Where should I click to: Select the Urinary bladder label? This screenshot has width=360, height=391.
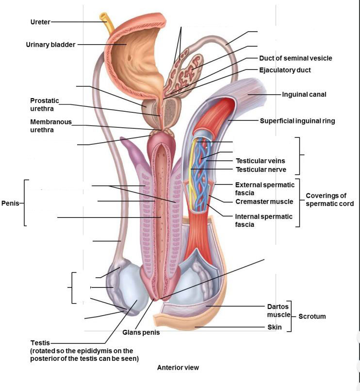click(50, 45)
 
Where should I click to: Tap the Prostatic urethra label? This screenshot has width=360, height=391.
click(45, 104)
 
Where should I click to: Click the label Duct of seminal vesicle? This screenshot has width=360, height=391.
click(295, 58)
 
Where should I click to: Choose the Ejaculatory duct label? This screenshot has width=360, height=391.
click(285, 70)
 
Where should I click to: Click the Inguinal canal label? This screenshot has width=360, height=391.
click(304, 94)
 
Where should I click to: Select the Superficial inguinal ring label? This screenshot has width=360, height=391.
click(297, 121)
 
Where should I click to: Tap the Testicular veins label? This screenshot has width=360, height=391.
click(260, 161)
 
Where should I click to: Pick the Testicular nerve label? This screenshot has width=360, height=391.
click(261, 170)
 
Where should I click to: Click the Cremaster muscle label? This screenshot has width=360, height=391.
click(264, 202)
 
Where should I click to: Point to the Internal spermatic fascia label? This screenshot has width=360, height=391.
click(264, 221)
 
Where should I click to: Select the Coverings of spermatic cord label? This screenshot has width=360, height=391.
click(329, 200)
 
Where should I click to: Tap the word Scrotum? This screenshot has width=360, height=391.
click(312, 316)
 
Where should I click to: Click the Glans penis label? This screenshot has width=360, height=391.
click(141, 333)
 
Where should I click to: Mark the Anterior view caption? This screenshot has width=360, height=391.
click(178, 368)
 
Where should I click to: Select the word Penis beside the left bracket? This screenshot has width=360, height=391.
click(10, 203)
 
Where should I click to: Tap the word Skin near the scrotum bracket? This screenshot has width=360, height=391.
click(275, 327)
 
